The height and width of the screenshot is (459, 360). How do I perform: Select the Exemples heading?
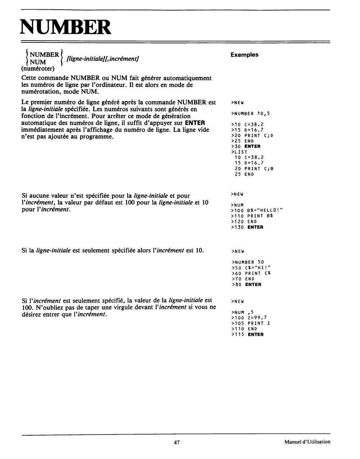pos(244,55)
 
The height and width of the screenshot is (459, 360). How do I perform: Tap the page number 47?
pos(176,442)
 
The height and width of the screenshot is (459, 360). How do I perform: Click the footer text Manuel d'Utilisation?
pos(307,442)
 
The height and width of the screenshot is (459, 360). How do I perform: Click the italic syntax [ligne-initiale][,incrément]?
pos(100,59)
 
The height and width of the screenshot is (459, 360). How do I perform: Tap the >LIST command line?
pos(239,152)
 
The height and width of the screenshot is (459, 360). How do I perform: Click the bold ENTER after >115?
pos(256,335)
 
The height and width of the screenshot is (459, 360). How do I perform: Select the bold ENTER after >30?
pos(252,146)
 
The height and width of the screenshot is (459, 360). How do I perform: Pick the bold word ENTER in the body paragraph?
pos(194,123)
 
